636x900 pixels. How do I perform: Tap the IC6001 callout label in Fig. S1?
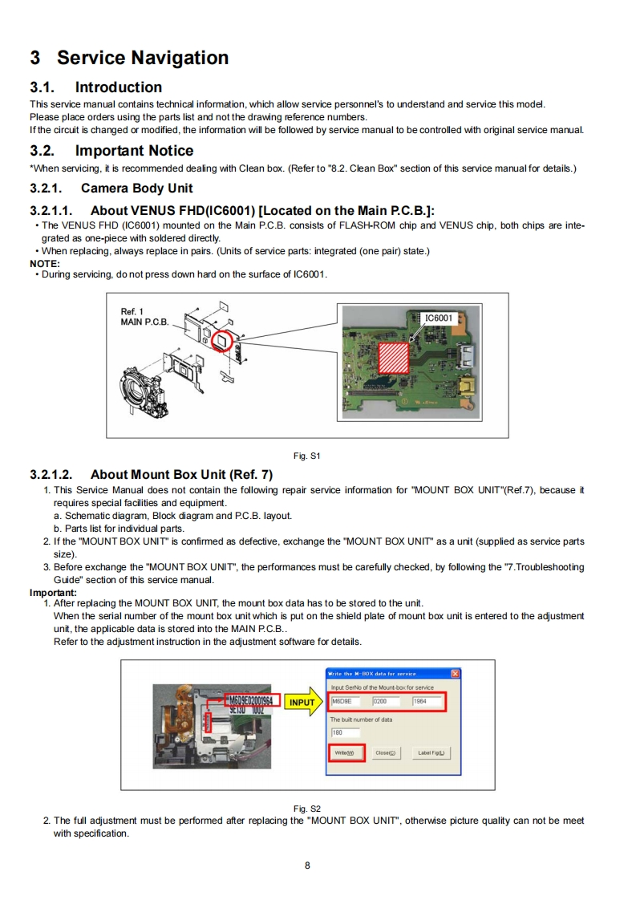[438, 318]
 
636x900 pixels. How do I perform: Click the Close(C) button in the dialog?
[387, 753]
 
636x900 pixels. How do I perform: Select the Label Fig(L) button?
[433, 753]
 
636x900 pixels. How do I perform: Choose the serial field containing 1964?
[427, 702]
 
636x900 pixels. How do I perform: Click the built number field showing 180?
[345, 732]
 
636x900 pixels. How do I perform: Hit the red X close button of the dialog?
[456, 673]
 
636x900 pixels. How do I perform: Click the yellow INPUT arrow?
[303, 703]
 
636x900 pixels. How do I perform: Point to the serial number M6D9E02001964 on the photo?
[250, 700]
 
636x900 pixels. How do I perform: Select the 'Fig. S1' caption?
[307, 456]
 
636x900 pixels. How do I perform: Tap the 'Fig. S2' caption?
[307, 809]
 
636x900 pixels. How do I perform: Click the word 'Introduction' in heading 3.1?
[119, 87]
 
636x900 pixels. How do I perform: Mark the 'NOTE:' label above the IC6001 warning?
[45, 263]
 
